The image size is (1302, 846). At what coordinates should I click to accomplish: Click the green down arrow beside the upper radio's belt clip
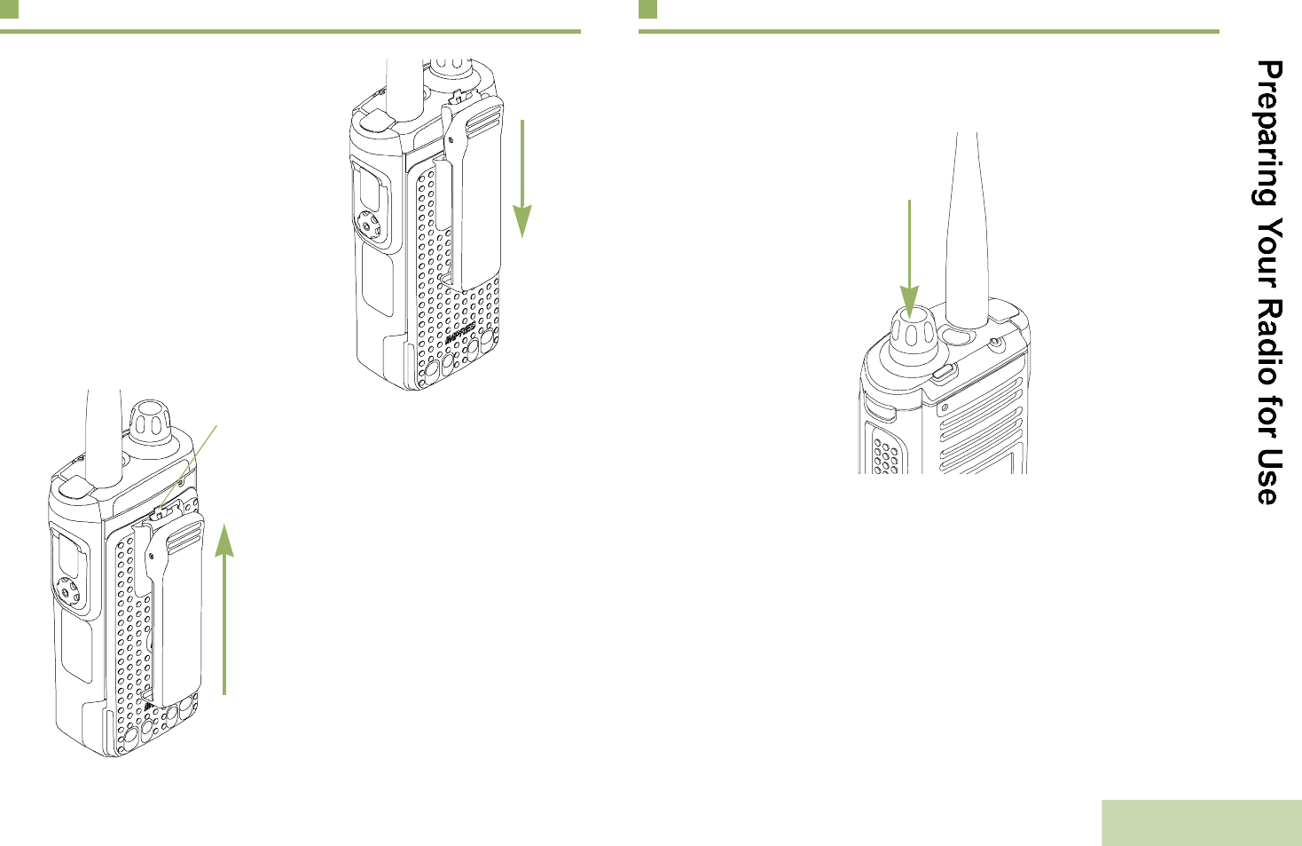[523, 178]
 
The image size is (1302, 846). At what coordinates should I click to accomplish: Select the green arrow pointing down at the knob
[910, 257]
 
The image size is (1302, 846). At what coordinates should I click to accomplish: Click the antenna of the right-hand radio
[967, 231]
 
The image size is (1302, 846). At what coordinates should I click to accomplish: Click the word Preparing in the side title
[1268, 133]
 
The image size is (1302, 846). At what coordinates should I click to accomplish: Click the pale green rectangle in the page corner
[1201, 823]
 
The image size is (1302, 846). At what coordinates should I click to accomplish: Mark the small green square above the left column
[9, 9]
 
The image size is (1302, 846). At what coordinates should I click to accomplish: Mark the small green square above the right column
[647, 9]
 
